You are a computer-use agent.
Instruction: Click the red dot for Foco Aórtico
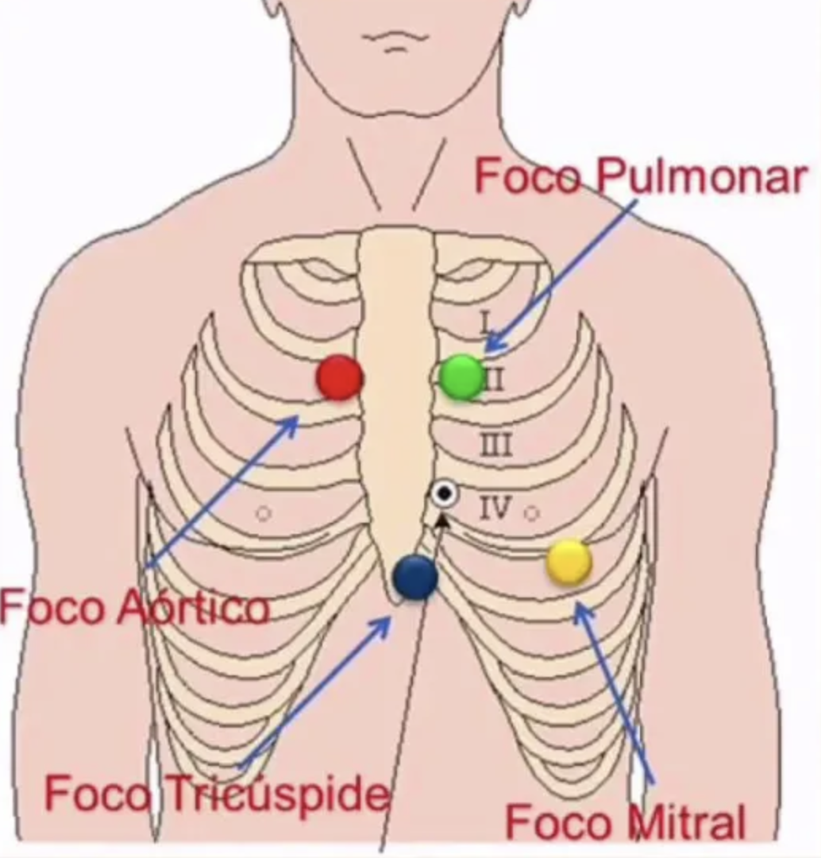[340, 378]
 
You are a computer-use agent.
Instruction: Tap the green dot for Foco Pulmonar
[462, 377]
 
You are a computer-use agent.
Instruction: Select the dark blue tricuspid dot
[415, 577]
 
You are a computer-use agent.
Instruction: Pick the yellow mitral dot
[569, 562]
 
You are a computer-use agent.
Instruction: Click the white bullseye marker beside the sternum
[445, 494]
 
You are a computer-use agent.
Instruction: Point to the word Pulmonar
[701, 177]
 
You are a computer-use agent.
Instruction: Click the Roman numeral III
[495, 446]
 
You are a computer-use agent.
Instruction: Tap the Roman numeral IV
[495, 507]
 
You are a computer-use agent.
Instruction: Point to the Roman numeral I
[487, 322]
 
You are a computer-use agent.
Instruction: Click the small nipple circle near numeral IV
[532, 513]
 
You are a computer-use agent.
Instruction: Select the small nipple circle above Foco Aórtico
[264, 514]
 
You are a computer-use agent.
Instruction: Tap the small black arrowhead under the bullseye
[442, 520]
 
